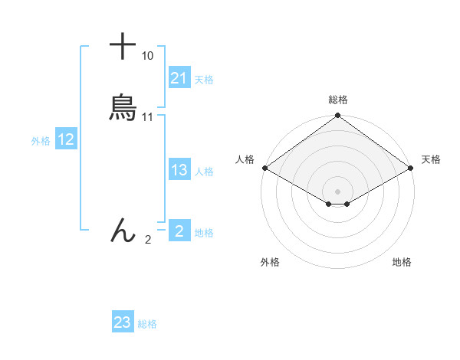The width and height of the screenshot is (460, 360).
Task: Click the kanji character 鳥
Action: click(123, 108)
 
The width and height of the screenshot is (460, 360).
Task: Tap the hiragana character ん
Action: click(123, 231)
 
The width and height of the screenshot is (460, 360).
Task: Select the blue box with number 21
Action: click(179, 78)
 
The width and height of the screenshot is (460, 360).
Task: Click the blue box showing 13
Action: click(179, 171)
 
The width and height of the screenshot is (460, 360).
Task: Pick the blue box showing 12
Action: click(65, 139)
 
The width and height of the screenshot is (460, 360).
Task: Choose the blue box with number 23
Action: click(122, 322)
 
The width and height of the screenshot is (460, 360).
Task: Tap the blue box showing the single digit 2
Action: click(179, 231)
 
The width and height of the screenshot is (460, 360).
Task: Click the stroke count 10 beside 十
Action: click(147, 56)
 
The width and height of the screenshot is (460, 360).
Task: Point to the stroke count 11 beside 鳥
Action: click(148, 117)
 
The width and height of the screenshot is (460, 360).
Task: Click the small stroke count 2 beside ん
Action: click(148, 240)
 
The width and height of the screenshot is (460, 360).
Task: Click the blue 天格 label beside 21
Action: click(204, 79)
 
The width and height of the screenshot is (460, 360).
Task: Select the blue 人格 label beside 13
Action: click(205, 172)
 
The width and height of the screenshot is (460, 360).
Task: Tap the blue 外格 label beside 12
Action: click(41, 141)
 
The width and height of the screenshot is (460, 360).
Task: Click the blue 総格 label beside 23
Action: click(147, 324)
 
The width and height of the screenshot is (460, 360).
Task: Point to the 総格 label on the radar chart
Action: click(337, 100)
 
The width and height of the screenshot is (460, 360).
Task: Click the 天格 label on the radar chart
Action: click(431, 159)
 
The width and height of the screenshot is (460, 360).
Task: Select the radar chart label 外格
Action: click(270, 262)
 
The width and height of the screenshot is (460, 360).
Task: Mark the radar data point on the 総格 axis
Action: click(337, 116)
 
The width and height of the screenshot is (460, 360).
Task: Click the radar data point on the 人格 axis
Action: click(264, 168)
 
